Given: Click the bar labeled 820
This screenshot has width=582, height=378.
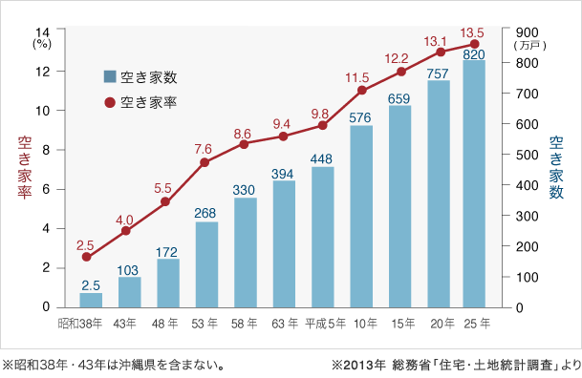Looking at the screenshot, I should [474, 184].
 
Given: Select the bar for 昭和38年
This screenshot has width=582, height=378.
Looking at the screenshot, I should [91, 300].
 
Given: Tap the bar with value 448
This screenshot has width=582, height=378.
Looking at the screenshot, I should [322, 237].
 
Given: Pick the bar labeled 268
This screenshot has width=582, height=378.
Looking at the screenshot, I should [206, 264].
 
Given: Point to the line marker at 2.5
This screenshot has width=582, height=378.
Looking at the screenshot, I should [87, 257].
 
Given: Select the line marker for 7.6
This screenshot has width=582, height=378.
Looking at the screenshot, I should [205, 162].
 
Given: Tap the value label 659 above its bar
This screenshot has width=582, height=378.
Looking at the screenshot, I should [399, 97].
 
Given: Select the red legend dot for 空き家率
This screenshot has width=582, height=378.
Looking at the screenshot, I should [111, 100].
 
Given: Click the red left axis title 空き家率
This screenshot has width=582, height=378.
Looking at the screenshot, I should [23, 169].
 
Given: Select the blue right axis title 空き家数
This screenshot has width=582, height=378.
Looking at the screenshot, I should [558, 169].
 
